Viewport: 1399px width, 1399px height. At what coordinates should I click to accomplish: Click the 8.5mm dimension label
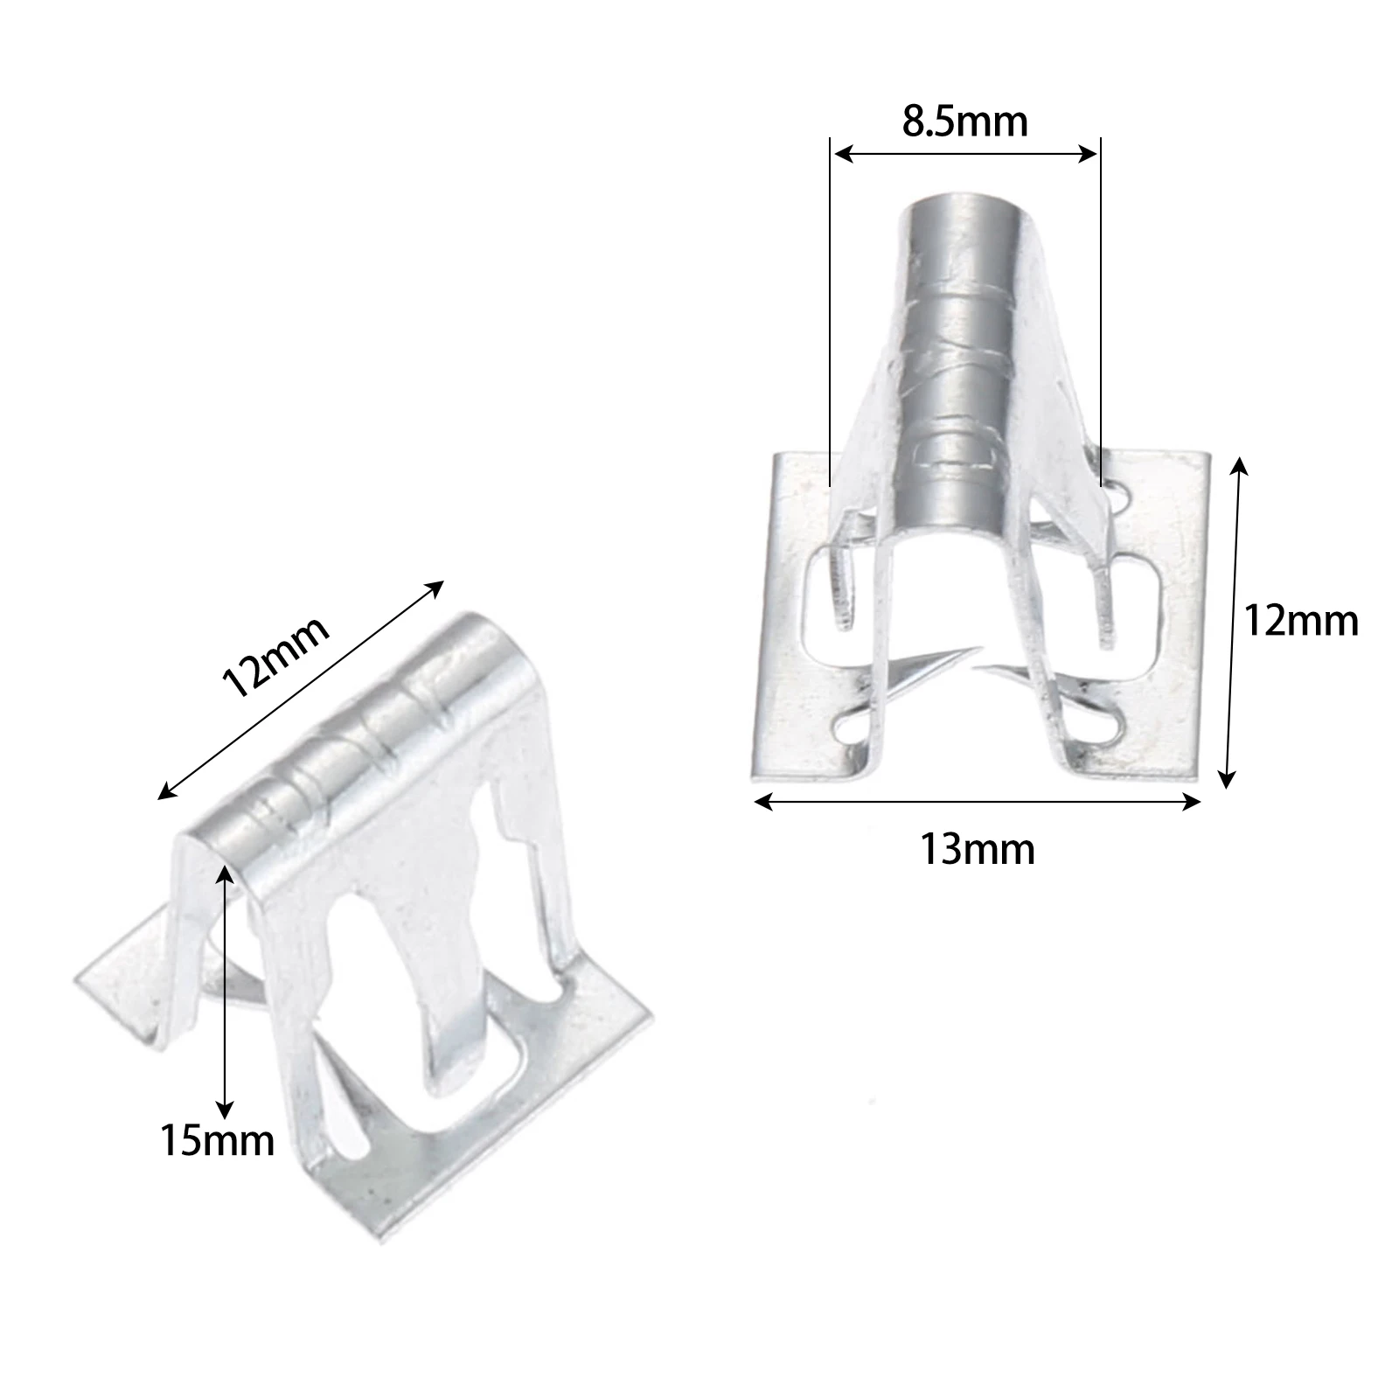pos(964,122)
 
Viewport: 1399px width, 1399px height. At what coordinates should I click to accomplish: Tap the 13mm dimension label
pos(977,849)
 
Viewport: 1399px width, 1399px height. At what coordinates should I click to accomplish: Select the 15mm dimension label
pos(217,1140)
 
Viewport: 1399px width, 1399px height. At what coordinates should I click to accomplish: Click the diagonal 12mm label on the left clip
pos(276,655)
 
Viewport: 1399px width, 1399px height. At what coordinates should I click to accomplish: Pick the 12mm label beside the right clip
pos(1301,622)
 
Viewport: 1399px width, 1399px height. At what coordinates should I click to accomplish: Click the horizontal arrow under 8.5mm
pos(964,155)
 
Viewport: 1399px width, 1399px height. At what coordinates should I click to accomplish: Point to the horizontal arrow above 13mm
pos(977,802)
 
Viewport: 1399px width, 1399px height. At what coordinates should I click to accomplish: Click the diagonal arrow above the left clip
pos(301,690)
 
